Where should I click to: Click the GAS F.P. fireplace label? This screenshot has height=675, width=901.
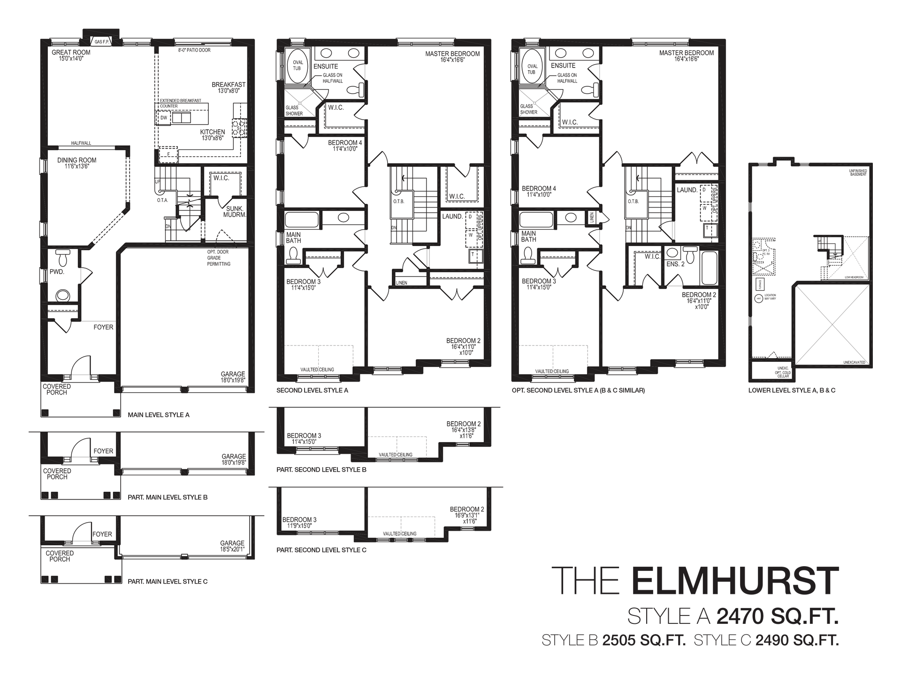point(102,42)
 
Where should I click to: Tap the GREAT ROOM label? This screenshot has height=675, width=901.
point(71,52)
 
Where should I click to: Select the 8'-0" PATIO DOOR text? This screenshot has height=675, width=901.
point(194,50)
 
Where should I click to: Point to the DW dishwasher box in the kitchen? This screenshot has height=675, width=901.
point(164,118)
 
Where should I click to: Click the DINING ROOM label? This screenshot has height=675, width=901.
point(76,160)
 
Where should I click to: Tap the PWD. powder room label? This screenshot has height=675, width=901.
point(57,271)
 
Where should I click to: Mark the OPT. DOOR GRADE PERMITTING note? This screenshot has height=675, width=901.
point(219,258)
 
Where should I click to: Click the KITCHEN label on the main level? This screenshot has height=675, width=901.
point(213,132)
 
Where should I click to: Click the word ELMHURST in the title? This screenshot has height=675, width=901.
point(735,581)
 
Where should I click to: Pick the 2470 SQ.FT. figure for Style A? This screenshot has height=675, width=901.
point(777,617)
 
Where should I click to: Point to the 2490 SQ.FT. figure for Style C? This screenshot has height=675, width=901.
point(796,640)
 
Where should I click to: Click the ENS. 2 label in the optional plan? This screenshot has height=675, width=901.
point(675,264)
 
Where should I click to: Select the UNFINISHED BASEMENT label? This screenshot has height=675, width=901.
point(858,173)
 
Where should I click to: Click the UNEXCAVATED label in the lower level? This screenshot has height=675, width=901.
point(854,362)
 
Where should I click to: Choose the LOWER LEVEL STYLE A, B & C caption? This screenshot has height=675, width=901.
point(792,390)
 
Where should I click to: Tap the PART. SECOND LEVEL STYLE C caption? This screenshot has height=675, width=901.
point(321,550)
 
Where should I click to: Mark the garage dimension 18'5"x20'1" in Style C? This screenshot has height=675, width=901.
point(232,549)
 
